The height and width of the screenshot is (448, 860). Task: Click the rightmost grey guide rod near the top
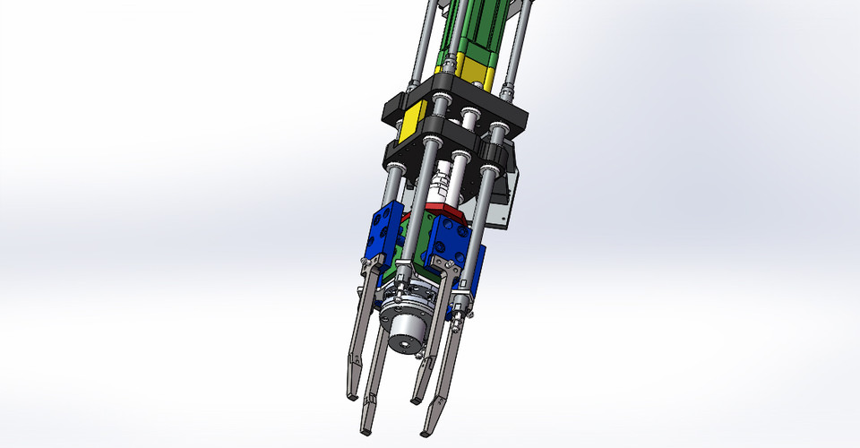(520, 36)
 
